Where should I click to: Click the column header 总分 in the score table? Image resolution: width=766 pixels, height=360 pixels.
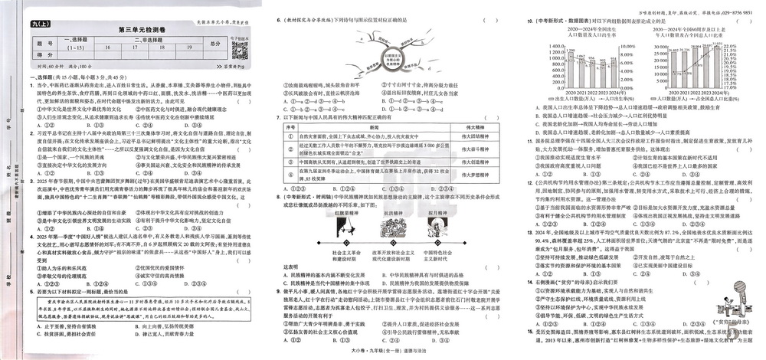point(214,46)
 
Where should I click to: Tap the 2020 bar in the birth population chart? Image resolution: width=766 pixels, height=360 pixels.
point(558,75)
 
